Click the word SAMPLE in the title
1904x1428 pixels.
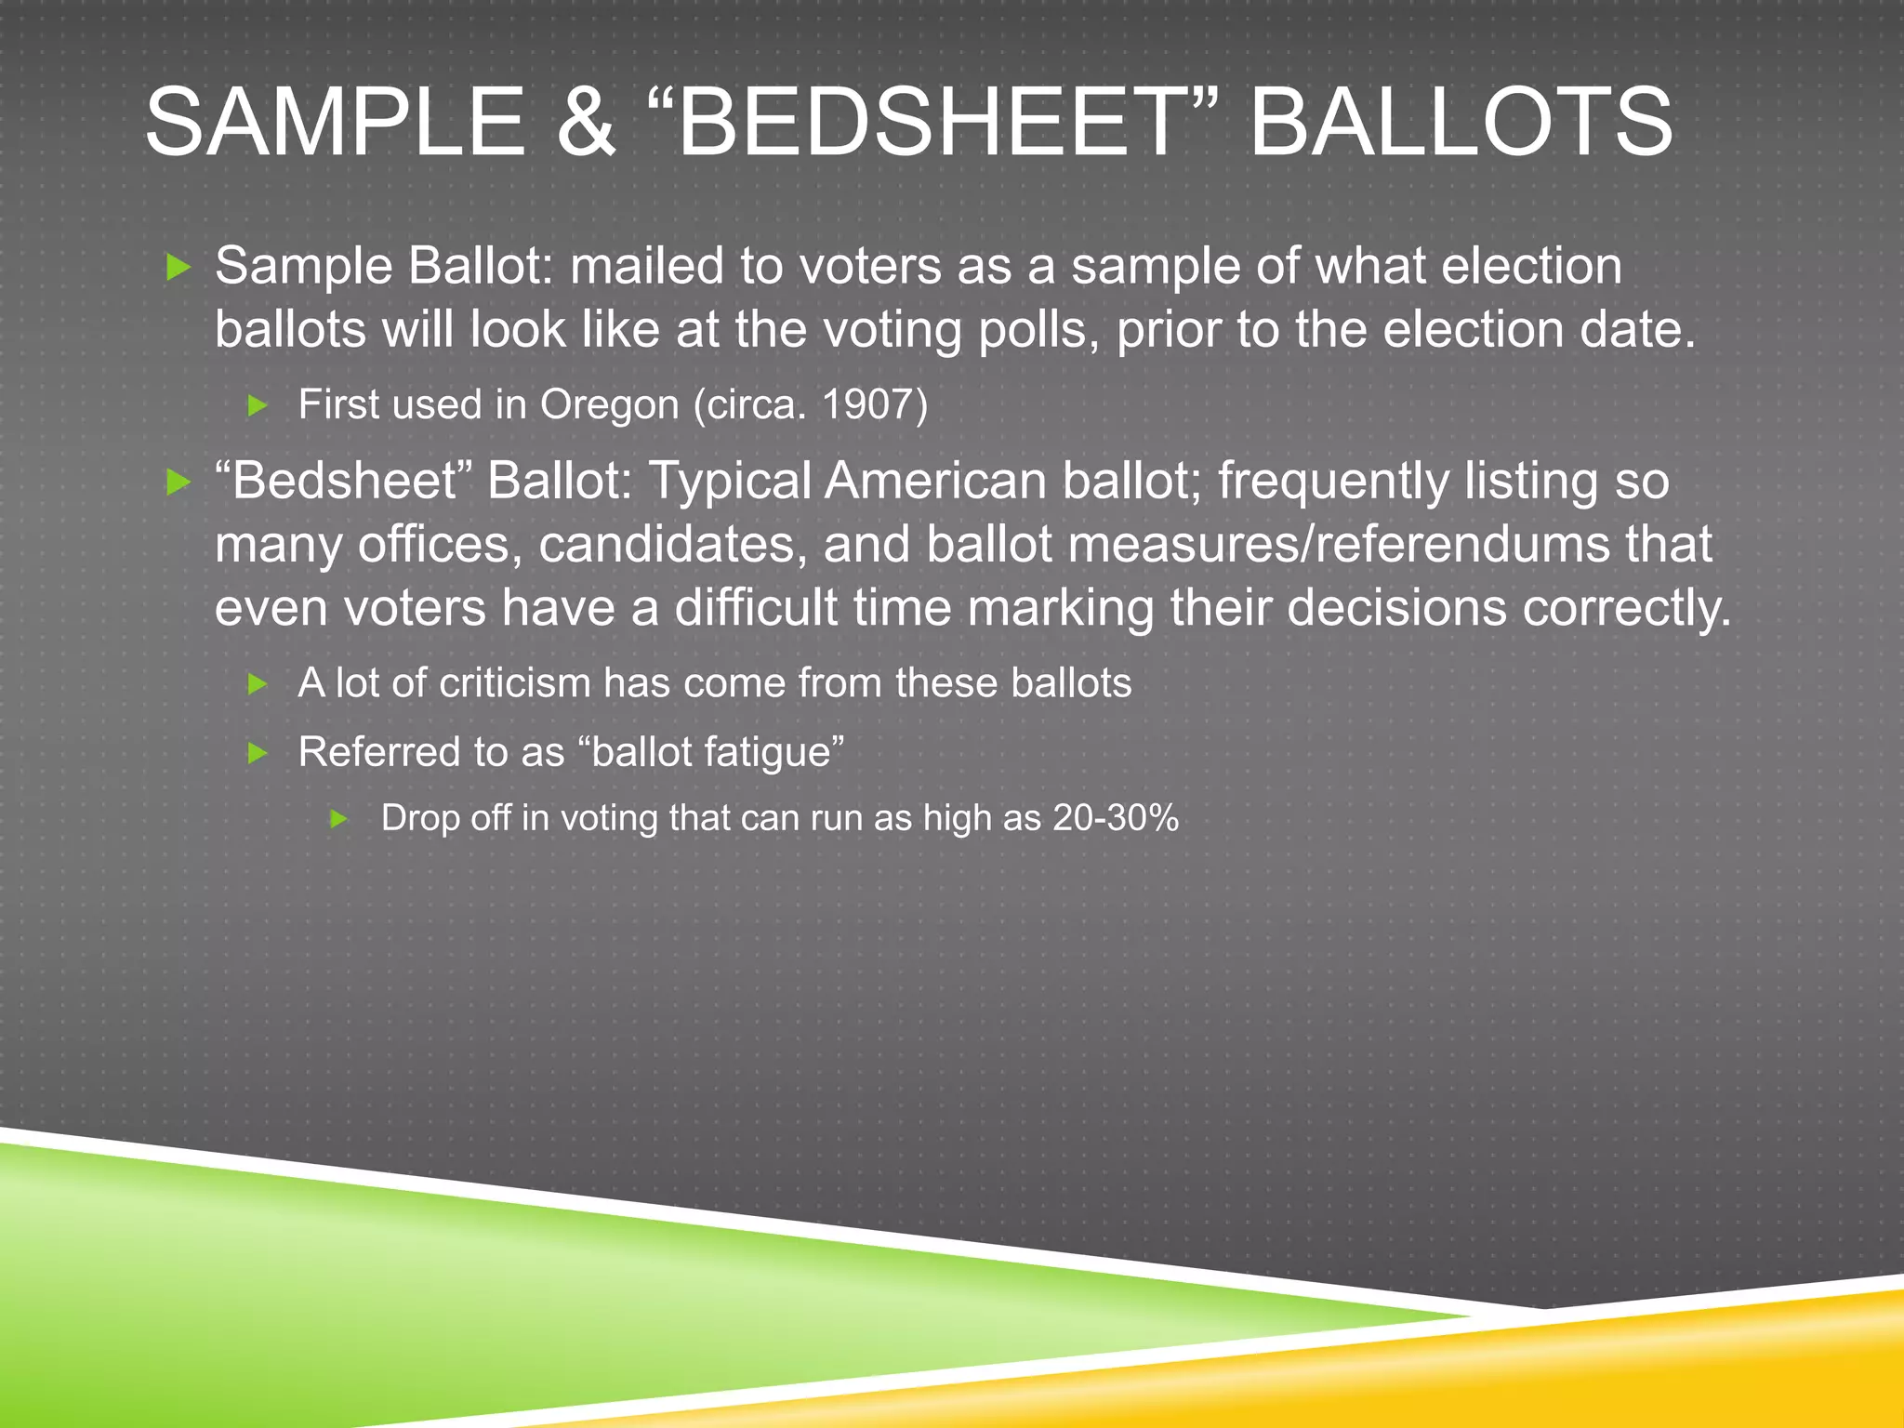pyautogui.click(x=336, y=123)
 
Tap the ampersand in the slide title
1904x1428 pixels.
pyautogui.click(x=587, y=123)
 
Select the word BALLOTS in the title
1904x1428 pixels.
pyautogui.click(x=1461, y=123)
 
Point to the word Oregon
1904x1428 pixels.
pyautogui.click(x=610, y=405)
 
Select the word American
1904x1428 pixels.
pyautogui.click(x=935, y=481)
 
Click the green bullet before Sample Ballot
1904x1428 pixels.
pyautogui.click(x=178, y=269)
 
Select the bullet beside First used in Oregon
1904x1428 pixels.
pyautogui.click(x=258, y=405)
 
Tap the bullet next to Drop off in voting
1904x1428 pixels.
pyautogui.click(x=340, y=819)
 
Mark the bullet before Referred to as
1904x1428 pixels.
pyautogui.click(x=258, y=752)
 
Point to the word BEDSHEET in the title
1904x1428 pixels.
pyautogui.click(x=931, y=123)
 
